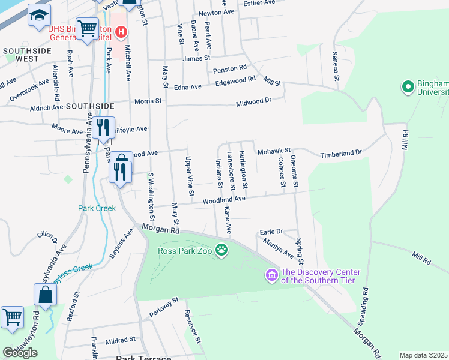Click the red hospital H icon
[x=121, y=31]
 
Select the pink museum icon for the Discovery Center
[x=271, y=275]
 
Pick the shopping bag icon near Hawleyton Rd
[x=45, y=294]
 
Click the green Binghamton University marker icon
[x=408, y=87]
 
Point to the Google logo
[x=20, y=353]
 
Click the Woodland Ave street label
[x=223, y=200]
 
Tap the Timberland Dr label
[x=340, y=153]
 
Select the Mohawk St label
[x=274, y=150]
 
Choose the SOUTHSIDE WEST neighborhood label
[x=20, y=55]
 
